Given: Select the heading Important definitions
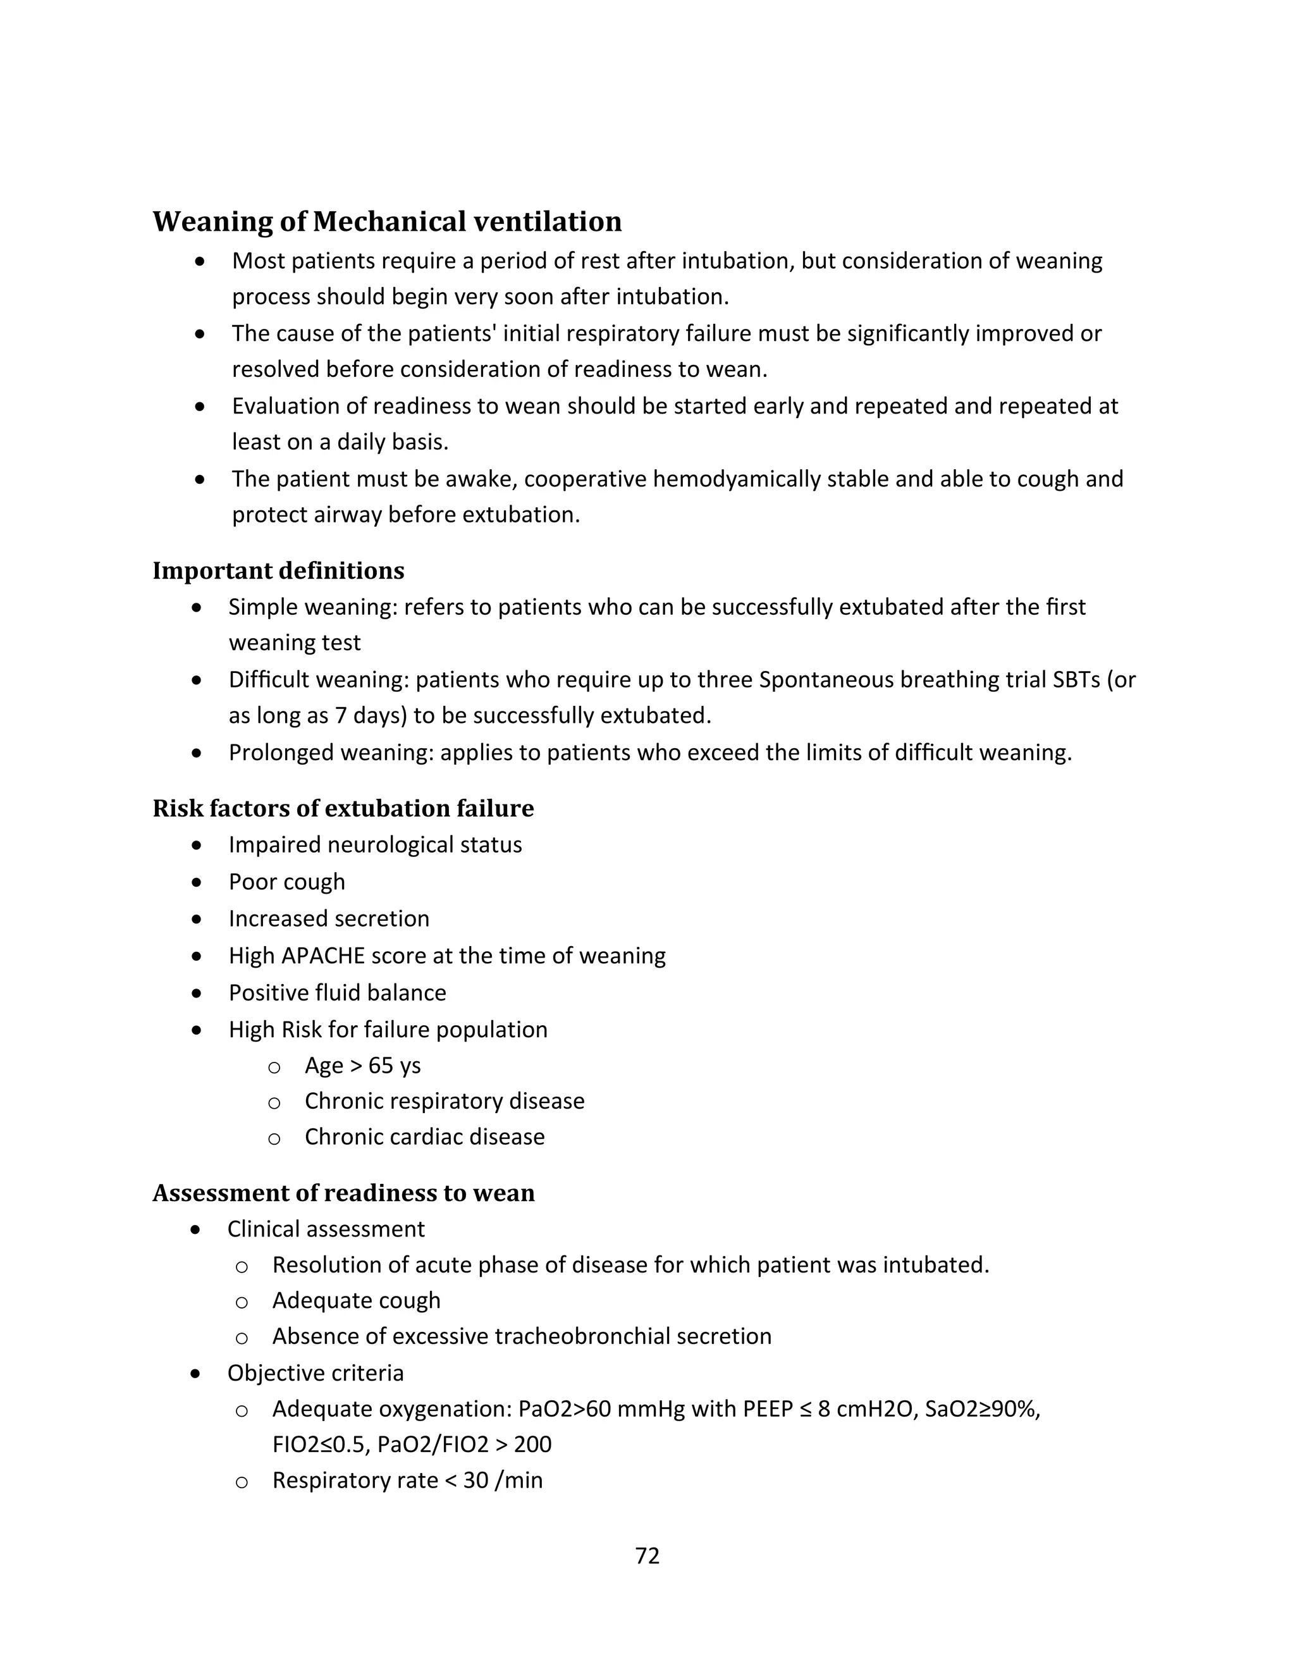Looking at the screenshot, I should click(278, 570).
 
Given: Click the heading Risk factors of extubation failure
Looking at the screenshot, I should click(343, 808).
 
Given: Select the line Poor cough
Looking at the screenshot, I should click(286, 882).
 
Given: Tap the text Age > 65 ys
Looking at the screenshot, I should click(362, 1065).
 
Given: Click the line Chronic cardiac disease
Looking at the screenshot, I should click(424, 1137).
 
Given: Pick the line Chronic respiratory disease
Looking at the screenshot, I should click(444, 1100).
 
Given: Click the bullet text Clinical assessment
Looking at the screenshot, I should click(325, 1229).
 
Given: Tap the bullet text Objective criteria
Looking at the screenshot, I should click(316, 1373).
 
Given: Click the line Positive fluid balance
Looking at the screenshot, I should click(337, 992).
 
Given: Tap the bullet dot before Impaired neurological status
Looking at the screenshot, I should click(197, 845).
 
